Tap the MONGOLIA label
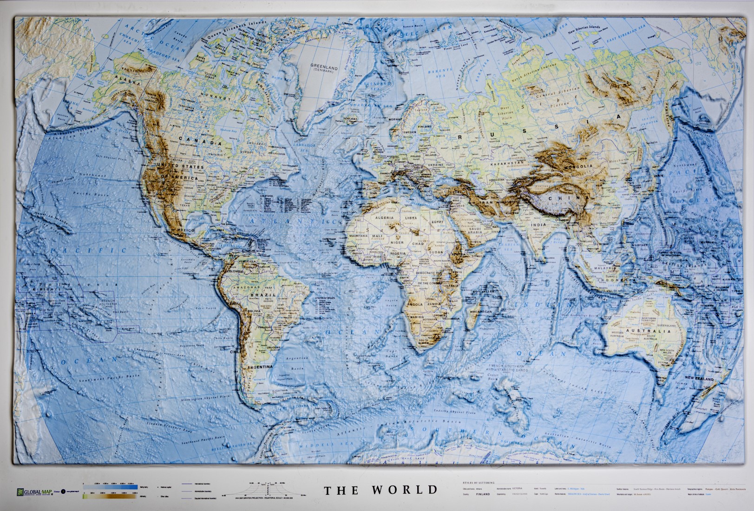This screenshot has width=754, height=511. tap(578, 166)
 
